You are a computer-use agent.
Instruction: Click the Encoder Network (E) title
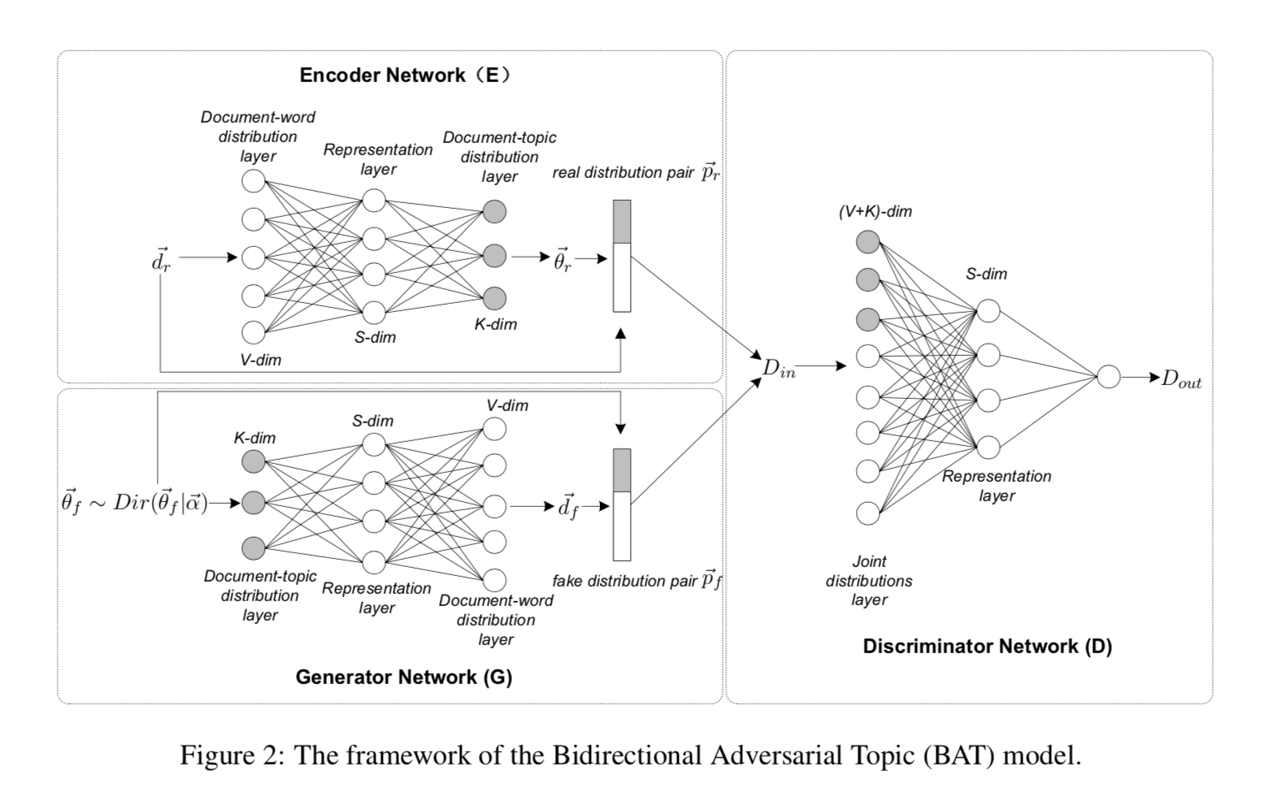pos(406,76)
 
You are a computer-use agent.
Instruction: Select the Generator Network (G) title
pos(404,677)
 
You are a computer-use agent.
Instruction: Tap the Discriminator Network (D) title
pos(987,647)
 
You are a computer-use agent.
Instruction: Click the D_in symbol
pos(778,368)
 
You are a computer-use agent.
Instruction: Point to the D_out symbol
pos(1181,379)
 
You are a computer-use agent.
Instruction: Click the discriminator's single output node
pos(1108,377)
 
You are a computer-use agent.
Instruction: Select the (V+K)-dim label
pos(875,212)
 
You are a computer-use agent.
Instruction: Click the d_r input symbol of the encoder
pos(161,260)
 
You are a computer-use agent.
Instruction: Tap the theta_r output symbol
pos(563,259)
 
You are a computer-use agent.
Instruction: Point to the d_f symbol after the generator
pos(567,507)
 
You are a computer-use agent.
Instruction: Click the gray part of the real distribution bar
pos(622,222)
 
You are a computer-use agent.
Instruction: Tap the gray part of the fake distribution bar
pos(622,470)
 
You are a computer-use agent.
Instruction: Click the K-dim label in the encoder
pos(496,324)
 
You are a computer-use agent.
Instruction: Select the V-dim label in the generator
pos(507,405)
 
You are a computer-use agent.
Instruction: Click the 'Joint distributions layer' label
pos(869,581)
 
